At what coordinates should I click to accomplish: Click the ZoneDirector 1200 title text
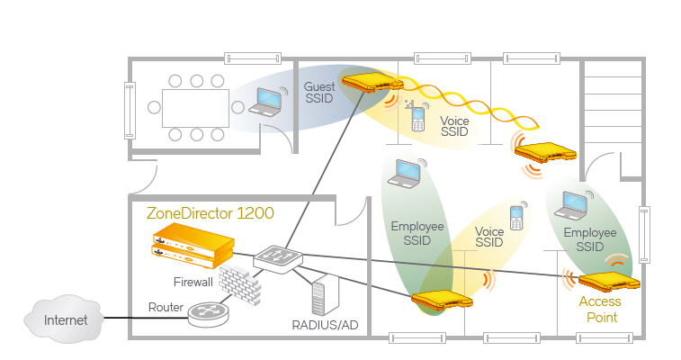(x=210, y=214)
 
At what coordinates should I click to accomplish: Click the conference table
(x=195, y=106)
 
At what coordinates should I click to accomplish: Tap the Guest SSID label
(x=319, y=93)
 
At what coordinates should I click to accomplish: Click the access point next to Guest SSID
(x=369, y=84)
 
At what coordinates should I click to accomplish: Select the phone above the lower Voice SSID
(x=516, y=217)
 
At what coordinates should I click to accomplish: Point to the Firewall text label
(x=193, y=282)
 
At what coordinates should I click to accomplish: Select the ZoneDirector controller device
(x=193, y=245)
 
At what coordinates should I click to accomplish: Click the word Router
(x=166, y=307)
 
